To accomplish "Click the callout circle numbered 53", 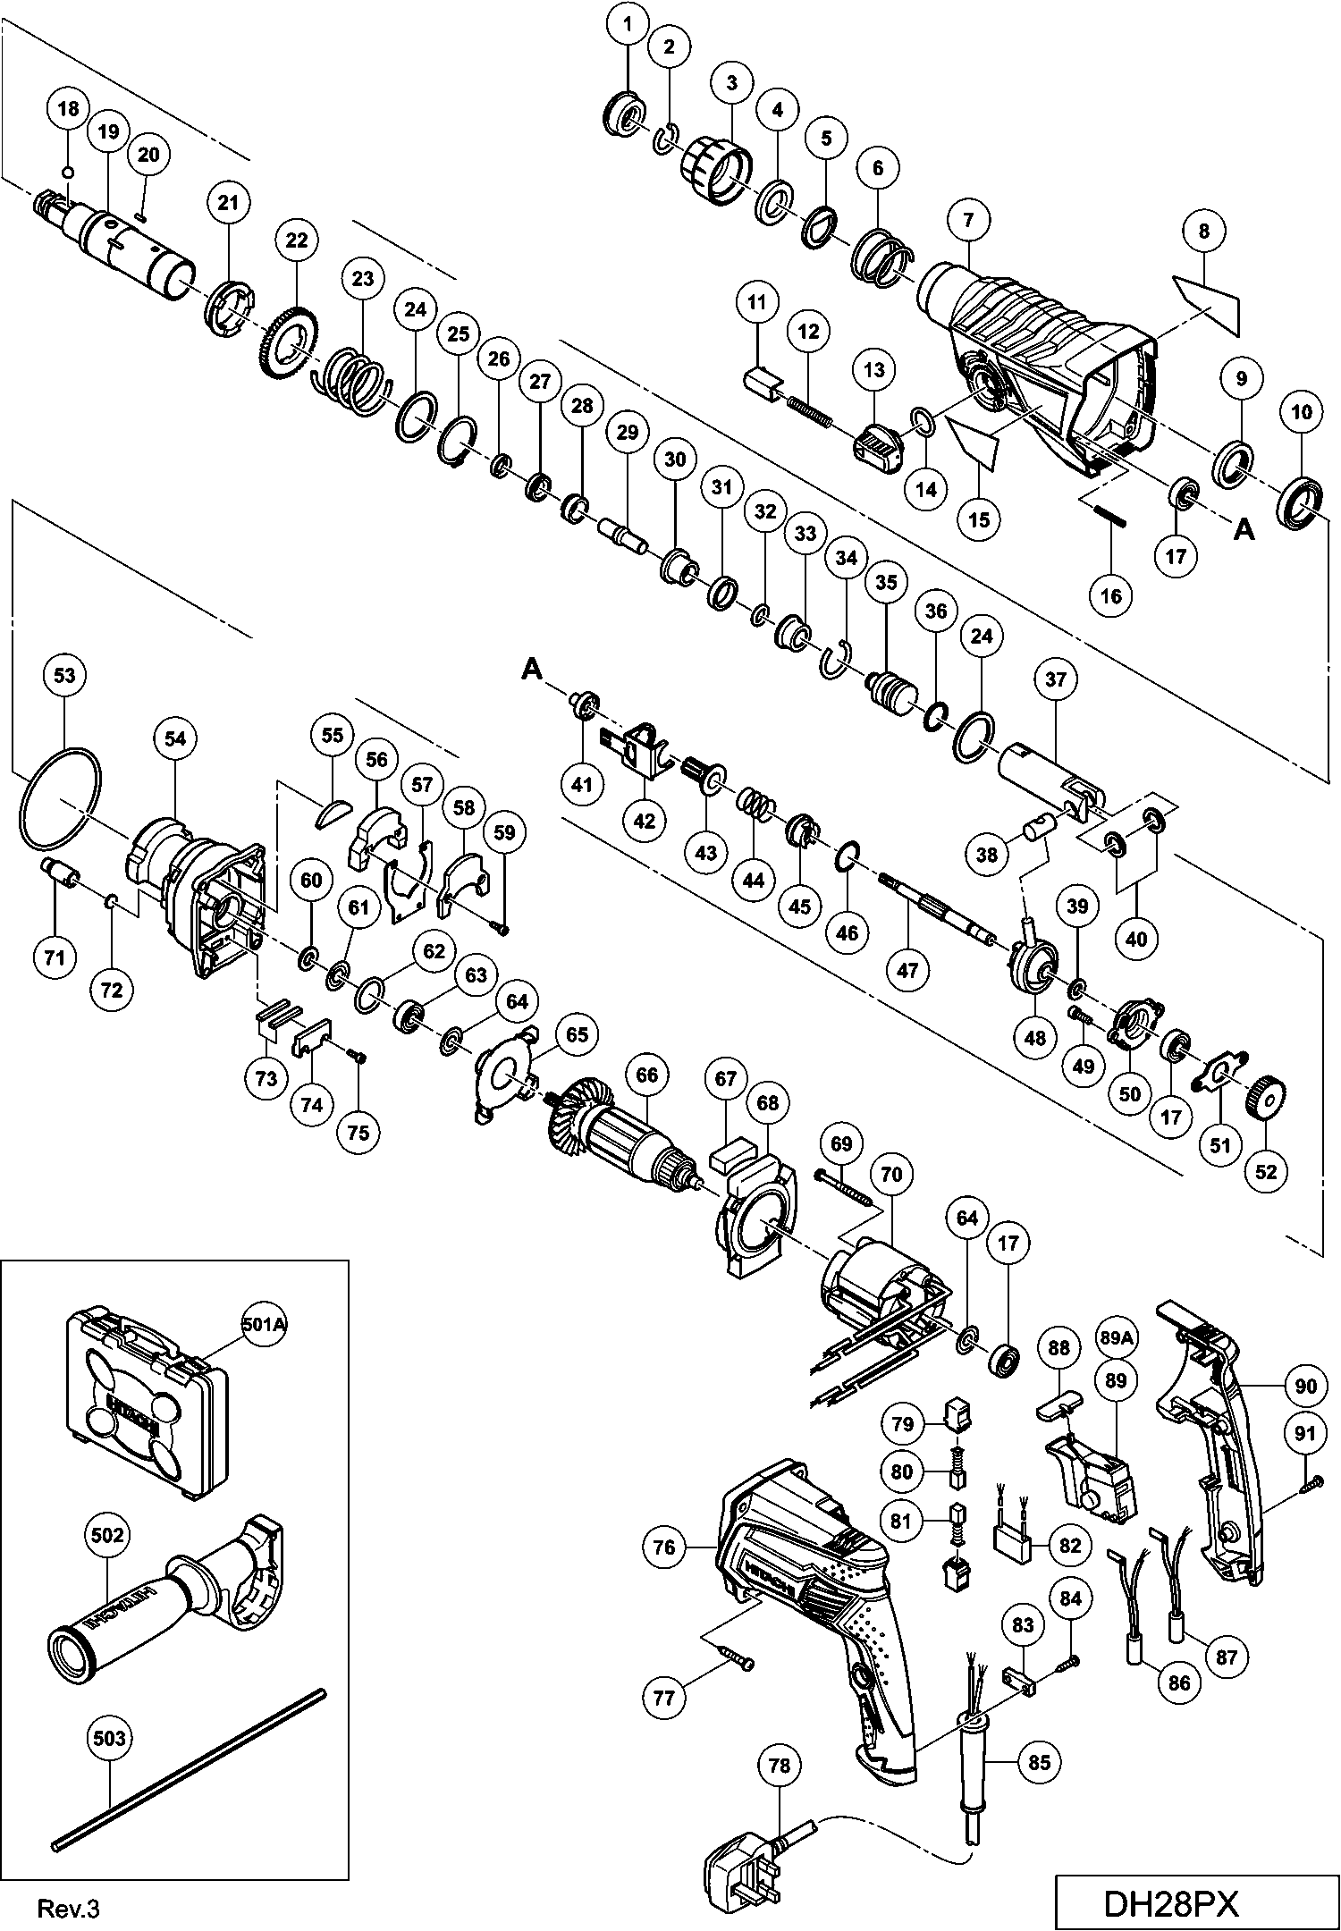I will (x=65, y=676).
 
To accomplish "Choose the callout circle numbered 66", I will (x=647, y=1075).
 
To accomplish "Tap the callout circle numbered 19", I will (x=107, y=132).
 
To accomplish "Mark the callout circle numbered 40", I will (x=1136, y=939).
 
